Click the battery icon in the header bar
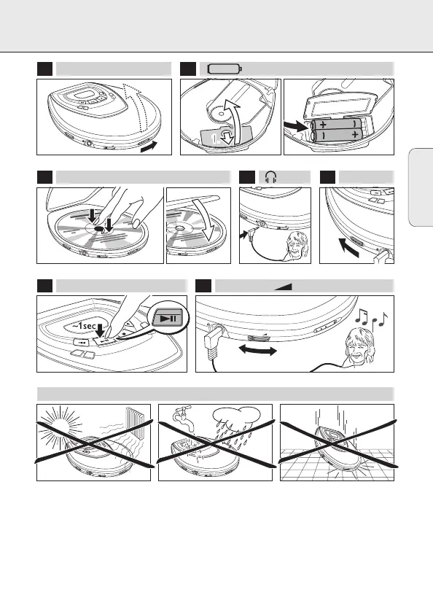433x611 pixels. tap(225, 69)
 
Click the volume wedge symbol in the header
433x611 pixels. tap(283, 287)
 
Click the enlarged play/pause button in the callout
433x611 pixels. tap(168, 318)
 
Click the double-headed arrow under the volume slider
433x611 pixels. tap(257, 350)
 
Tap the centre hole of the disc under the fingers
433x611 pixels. tap(98, 228)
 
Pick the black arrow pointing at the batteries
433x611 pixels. tap(296, 126)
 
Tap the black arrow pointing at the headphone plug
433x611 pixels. tap(243, 235)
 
